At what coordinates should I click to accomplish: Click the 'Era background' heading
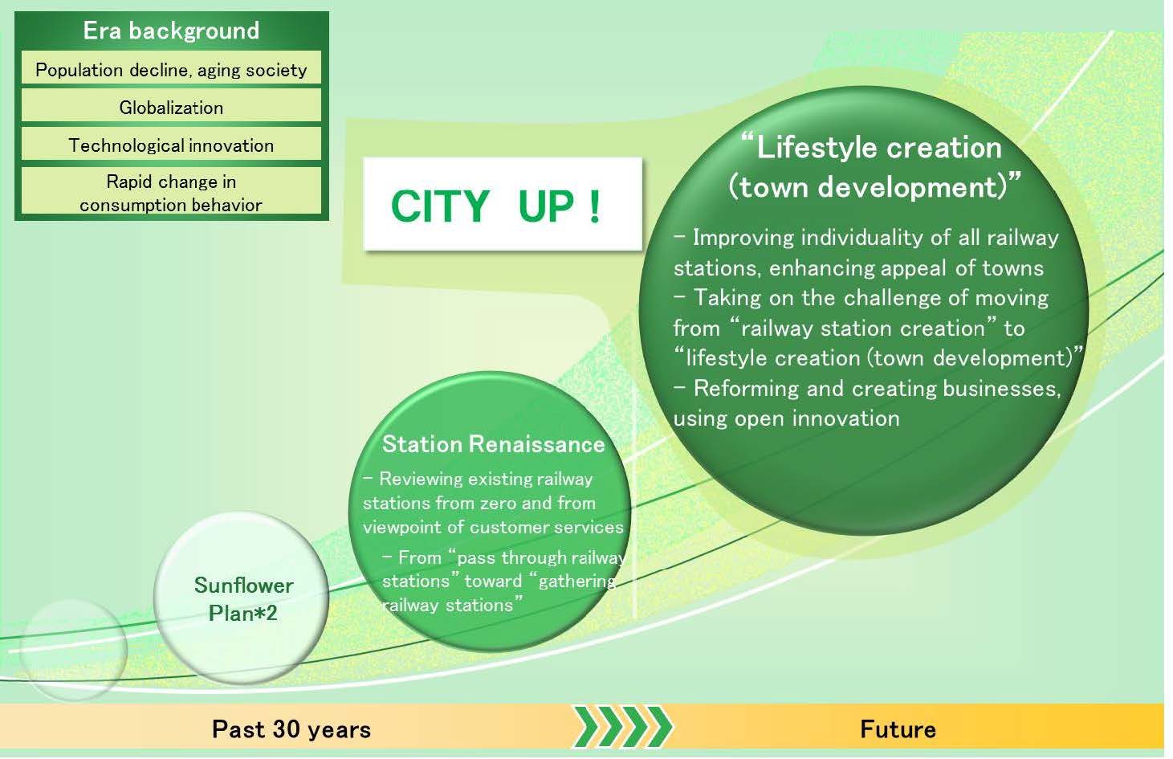pos(171,31)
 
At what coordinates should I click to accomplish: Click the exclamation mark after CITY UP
pos(594,206)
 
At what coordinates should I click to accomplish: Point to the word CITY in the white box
pos(440,206)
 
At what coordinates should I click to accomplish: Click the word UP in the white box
pos(546,206)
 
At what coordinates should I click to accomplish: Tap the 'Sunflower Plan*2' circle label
pos(243,598)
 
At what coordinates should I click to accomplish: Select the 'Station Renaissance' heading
pos(493,444)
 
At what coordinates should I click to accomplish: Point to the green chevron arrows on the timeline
pos(622,727)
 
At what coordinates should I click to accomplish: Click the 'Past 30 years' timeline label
pos(291,729)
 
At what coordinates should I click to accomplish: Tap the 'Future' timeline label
pos(898,729)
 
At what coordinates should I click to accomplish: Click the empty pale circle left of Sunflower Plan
pos(73,650)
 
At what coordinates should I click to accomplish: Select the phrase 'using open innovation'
pos(787,418)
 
